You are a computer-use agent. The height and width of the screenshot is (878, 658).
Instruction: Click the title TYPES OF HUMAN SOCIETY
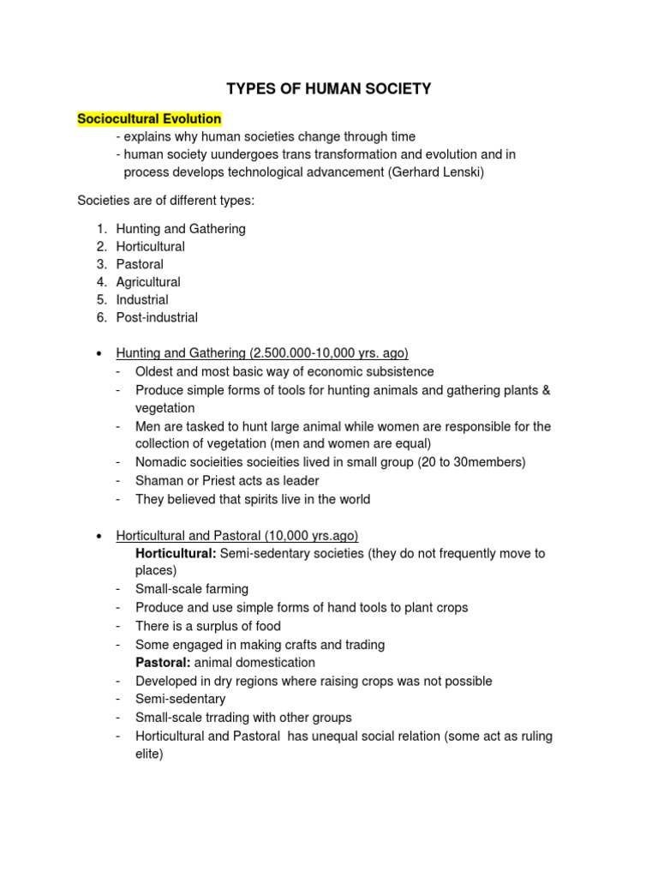click(329, 88)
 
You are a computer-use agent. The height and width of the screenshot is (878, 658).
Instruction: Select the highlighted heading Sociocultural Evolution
click(149, 119)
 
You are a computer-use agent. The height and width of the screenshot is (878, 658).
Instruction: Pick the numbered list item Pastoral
click(140, 264)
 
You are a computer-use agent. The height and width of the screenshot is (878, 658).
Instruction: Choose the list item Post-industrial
click(157, 317)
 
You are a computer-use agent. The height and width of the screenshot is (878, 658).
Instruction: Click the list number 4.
click(101, 282)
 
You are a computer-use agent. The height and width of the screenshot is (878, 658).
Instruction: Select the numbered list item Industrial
click(142, 300)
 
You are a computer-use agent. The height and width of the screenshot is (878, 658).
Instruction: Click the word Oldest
click(155, 371)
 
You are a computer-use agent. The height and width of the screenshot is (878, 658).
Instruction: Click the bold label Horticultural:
click(176, 553)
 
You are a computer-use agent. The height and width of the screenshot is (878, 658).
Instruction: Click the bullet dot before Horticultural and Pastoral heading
click(99, 536)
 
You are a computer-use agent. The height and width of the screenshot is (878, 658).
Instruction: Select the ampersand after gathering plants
click(547, 390)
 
